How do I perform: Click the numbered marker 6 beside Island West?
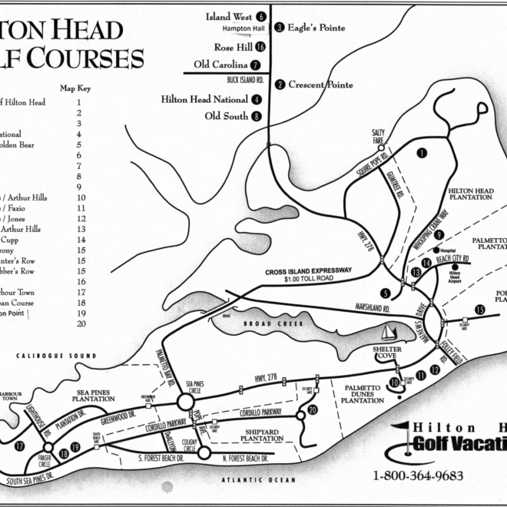point(261,16)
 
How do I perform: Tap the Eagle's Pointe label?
point(316,28)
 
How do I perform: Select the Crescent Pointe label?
point(320,84)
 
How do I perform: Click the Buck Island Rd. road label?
point(245,79)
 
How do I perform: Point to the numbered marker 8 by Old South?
point(255,117)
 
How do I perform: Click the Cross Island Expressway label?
point(308,270)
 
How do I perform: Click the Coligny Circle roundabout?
point(204,452)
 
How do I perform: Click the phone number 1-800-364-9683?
point(418,476)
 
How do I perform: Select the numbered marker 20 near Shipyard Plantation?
point(312,410)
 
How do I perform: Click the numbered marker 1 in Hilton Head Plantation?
point(421,153)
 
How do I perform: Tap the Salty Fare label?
point(378,134)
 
